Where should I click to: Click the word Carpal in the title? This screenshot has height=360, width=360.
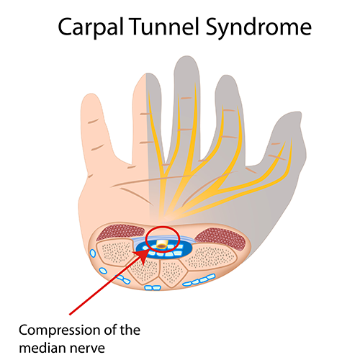point(91,27)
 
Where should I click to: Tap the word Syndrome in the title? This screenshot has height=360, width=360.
point(258,27)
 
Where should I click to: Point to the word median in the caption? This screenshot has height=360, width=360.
point(41,348)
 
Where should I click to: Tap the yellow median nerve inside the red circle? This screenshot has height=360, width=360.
point(162,244)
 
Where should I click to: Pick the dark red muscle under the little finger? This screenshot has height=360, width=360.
point(120,233)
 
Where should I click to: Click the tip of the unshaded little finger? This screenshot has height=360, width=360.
point(89,96)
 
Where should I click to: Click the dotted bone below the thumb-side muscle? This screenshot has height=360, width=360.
point(211,257)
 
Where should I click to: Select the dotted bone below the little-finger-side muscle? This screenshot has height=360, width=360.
point(115,253)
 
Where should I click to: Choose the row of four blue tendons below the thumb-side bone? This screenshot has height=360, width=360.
point(199,280)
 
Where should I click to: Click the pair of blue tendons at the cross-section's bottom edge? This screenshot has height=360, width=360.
point(153,287)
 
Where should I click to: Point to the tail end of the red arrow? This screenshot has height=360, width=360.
point(70,314)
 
